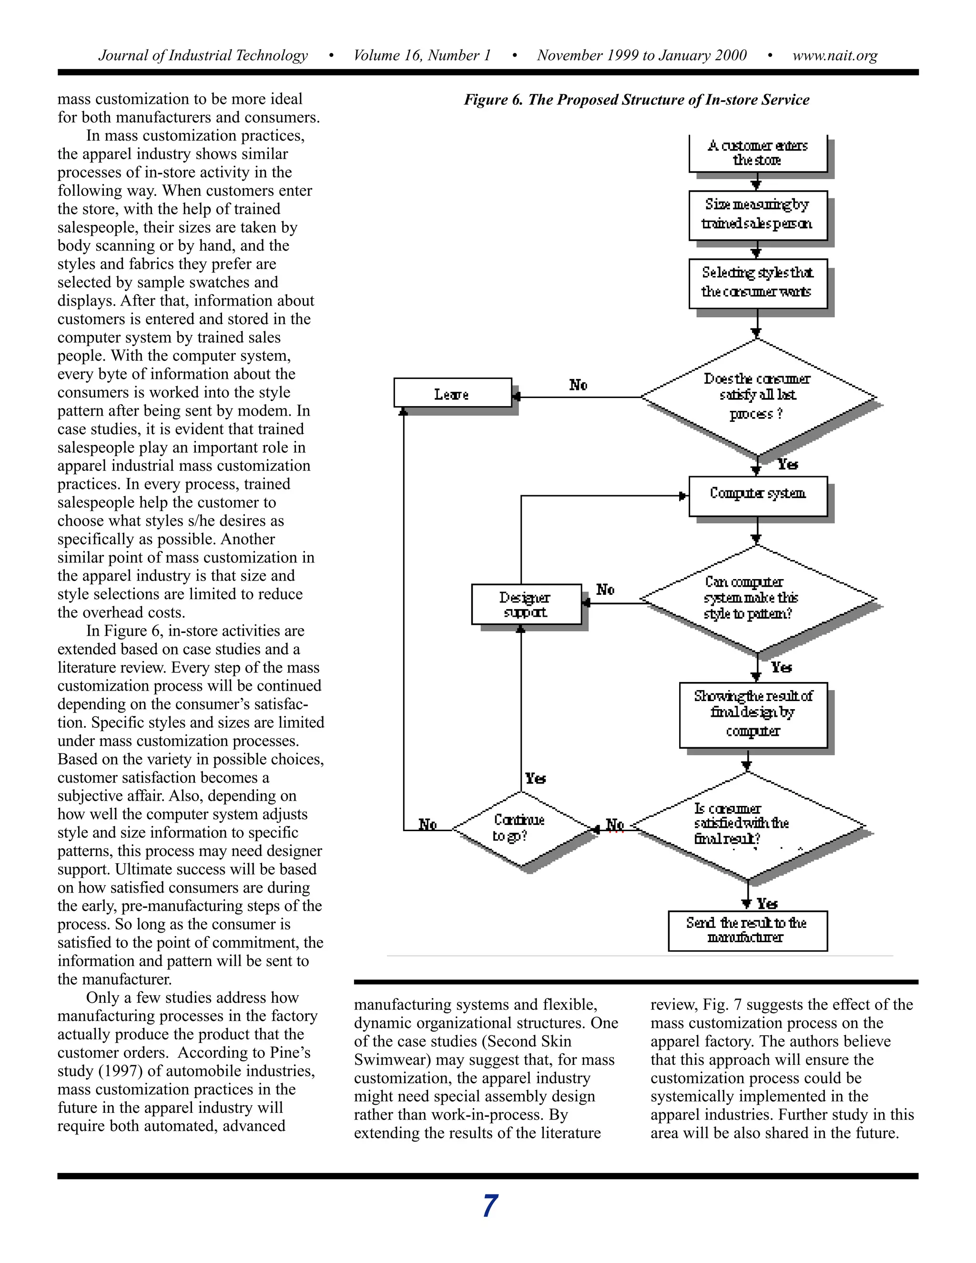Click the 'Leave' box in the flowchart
pyautogui.click(x=452, y=393)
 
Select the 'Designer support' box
pyautogui.click(x=526, y=604)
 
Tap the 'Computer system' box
pyautogui.click(x=757, y=496)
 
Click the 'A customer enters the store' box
pyautogui.click(x=757, y=153)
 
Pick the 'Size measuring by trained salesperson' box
pyautogui.click(x=757, y=214)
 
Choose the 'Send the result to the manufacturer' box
pyautogui.click(x=747, y=930)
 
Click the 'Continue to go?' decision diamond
pyautogui.click(x=520, y=828)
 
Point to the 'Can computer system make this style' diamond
pyautogui.click(x=757, y=599)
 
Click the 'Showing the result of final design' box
pyautogui.click(x=753, y=715)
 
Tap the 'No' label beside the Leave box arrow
pyautogui.click(x=578, y=385)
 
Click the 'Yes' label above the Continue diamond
pyautogui.click(x=535, y=778)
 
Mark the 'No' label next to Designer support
pyautogui.click(x=605, y=590)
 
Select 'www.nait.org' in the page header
pyautogui.click(x=834, y=55)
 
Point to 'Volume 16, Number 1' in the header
pyautogui.click(x=422, y=55)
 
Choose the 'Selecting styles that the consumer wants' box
pyautogui.click(x=757, y=283)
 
